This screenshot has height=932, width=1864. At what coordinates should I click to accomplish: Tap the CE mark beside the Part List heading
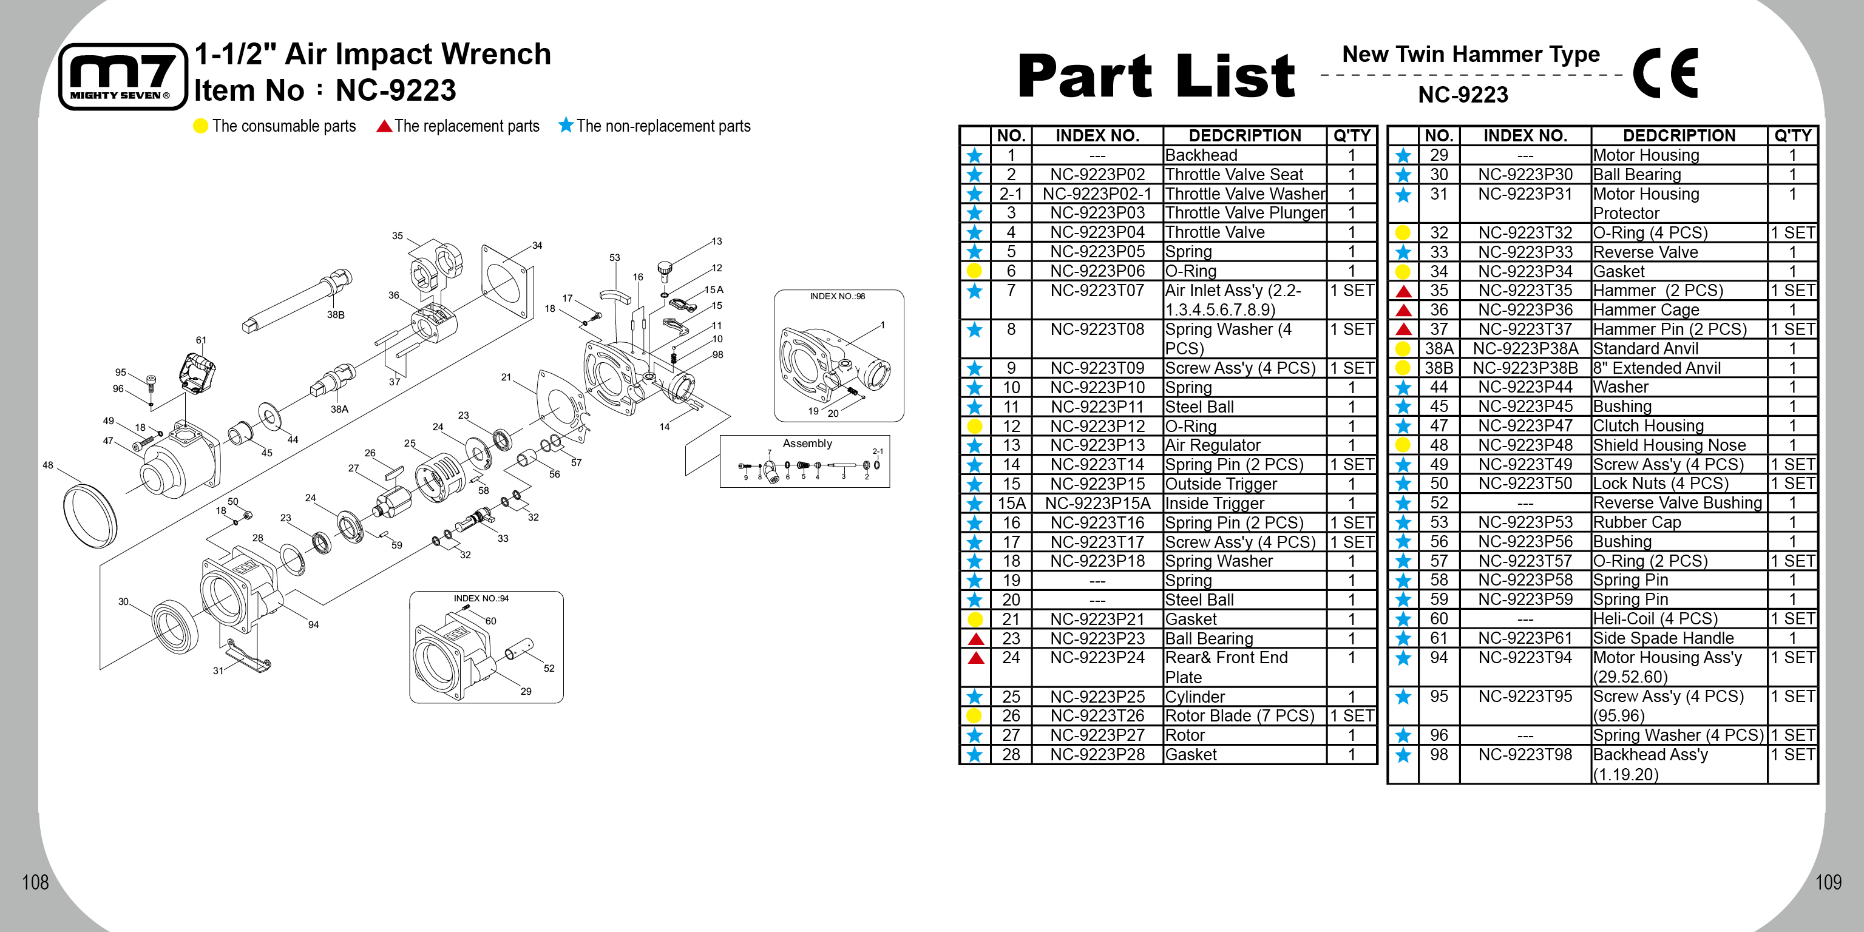[x=1665, y=72]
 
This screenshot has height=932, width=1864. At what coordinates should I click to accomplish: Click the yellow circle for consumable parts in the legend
[x=200, y=126]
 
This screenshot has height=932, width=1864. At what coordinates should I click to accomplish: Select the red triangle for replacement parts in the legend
[x=384, y=126]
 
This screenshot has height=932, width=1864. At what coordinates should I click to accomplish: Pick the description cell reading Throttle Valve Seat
[x=1234, y=174]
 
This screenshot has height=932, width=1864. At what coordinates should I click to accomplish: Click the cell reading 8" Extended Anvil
[x=1656, y=368]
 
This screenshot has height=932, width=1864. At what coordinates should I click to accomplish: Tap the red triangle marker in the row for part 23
[x=975, y=638]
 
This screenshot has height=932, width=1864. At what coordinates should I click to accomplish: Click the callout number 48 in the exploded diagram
[x=48, y=465]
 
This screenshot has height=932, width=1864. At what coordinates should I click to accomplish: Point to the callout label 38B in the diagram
[x=335, y=315]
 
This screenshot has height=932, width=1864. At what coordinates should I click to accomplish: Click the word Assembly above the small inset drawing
[x=807, y=443]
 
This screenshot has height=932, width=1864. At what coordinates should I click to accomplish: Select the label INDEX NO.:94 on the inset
[x=481, y=598]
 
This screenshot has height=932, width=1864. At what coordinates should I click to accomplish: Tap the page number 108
[x=35, y=882]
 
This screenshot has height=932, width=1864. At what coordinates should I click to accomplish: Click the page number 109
[x=1828, y=882]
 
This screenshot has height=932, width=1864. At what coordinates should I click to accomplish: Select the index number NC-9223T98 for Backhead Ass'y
[x=1525, y=754]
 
